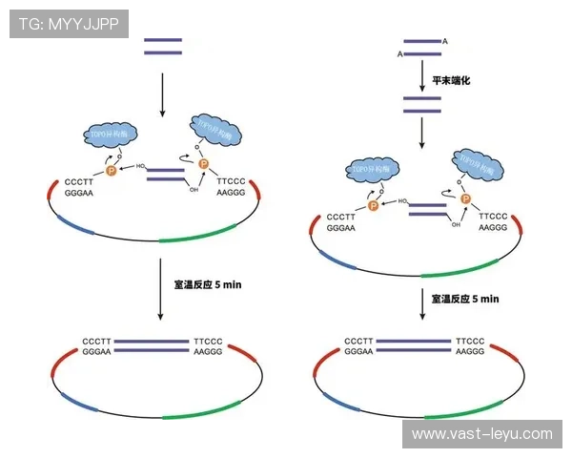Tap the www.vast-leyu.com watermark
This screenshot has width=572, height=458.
pyautogui.click(x=481, y=433)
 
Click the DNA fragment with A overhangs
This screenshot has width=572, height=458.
pyautogui.click(x=421, y=48)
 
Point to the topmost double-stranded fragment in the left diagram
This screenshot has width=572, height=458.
pyautogui.click(x=162, y=46)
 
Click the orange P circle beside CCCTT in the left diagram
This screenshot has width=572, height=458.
pyautogui.click(x=111, y=169)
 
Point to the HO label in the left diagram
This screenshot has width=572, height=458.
pyautogui.click(x=141, y=166)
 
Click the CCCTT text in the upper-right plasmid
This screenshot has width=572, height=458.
pyautogui.click(x=340, y=217)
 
